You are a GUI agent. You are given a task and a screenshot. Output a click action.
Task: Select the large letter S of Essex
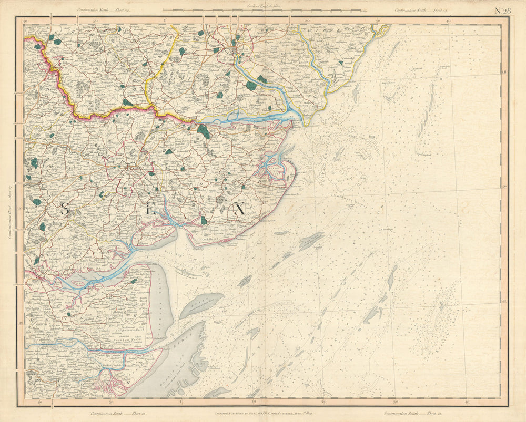point(65,209)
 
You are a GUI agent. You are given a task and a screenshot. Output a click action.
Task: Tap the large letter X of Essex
point(239,209)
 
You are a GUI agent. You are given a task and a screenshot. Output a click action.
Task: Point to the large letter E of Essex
point(151,209)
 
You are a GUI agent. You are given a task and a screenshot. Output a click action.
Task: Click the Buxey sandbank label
point(201,306)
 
